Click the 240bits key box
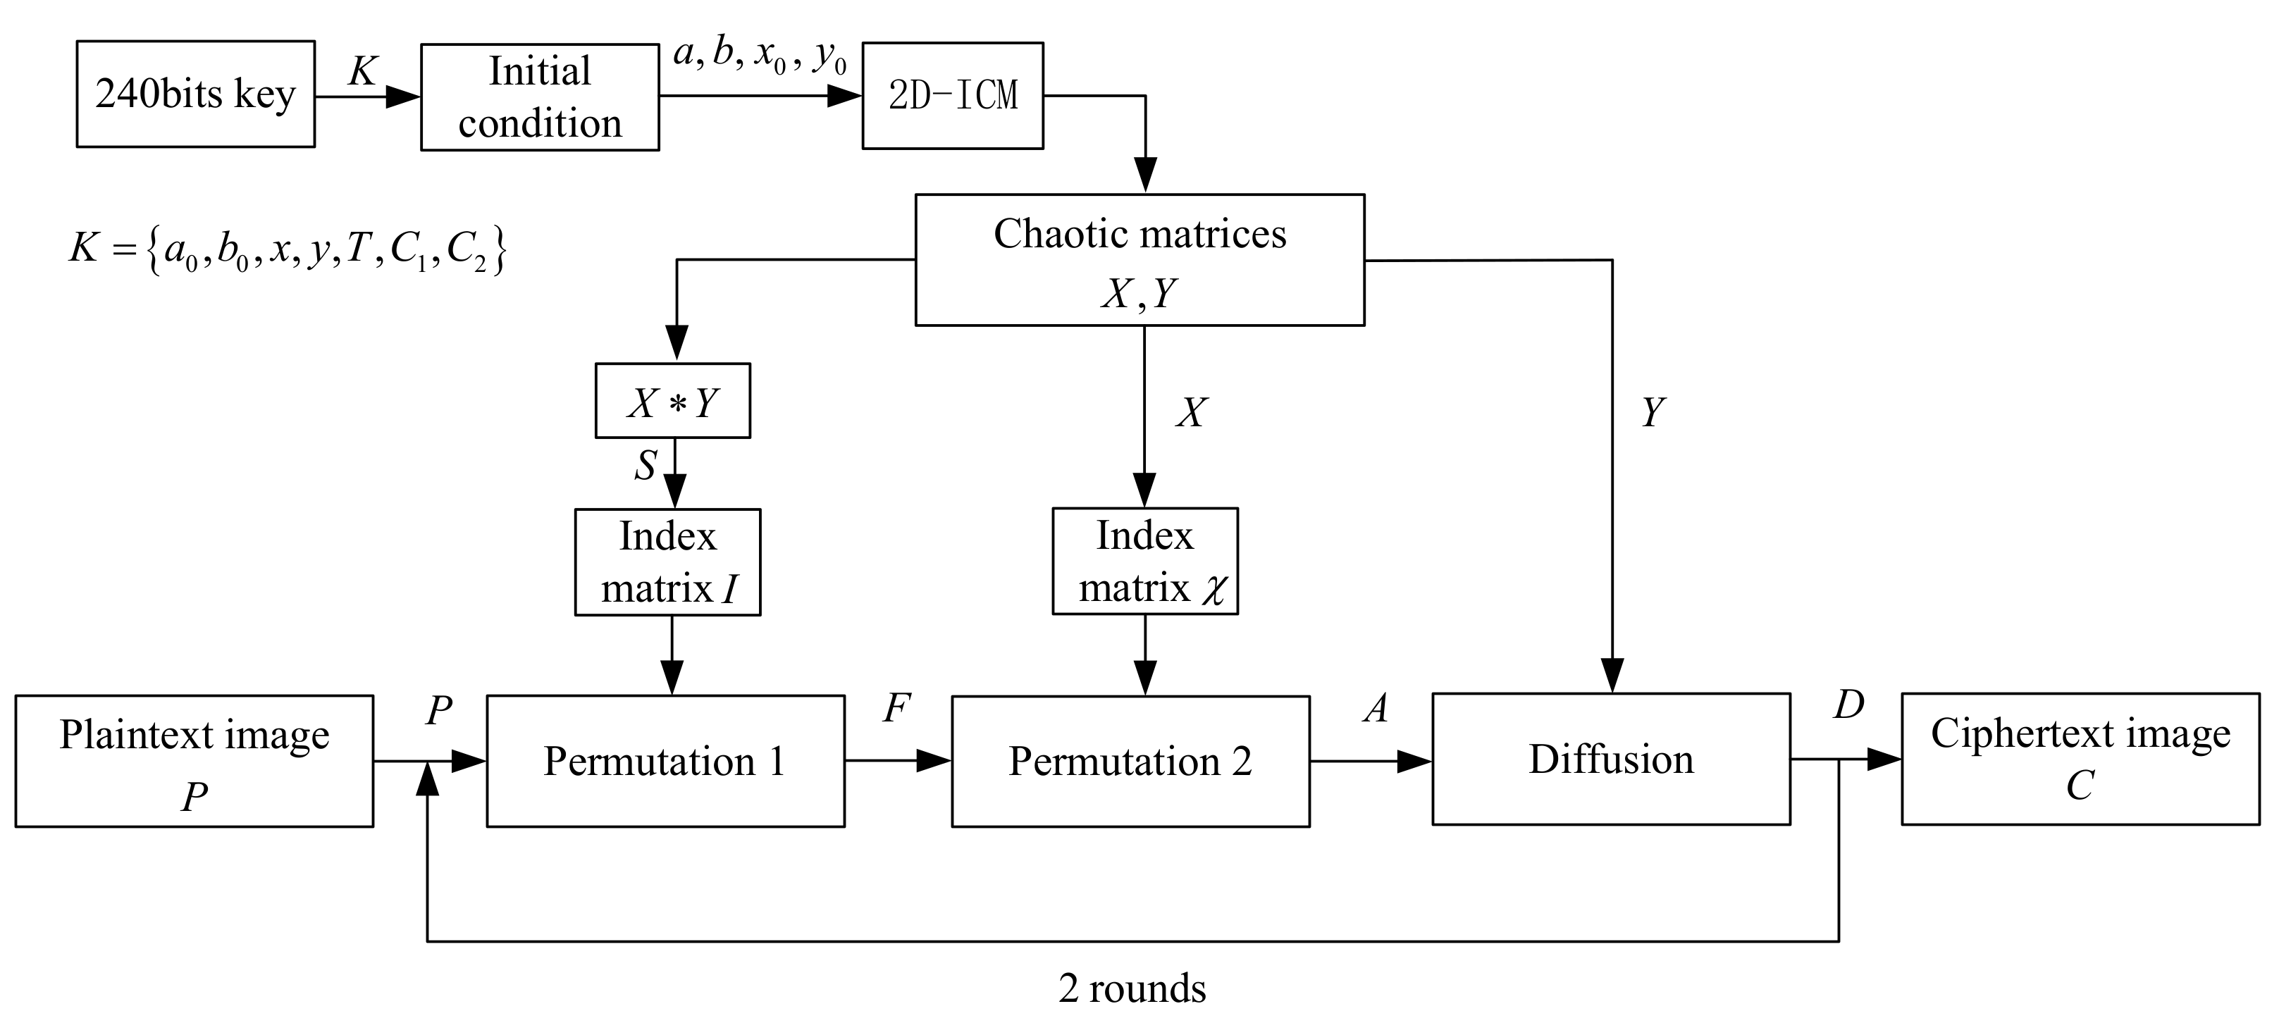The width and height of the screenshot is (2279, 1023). (x=195, y=94)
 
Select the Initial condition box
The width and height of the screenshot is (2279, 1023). (x=540, y=97)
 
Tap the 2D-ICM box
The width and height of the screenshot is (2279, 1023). (x=953, y=96)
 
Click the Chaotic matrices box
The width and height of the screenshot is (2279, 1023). (x=1139, y=260)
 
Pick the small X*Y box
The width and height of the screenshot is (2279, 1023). (x=672, y=402)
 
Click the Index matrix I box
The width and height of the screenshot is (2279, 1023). (x=668, y=562)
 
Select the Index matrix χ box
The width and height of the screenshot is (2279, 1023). (x=1145, y=561)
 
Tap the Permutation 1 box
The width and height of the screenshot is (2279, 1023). (x=665, y=760)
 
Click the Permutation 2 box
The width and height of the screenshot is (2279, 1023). (x=1130, y=760)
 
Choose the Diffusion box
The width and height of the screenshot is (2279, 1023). (x=1611, y=759)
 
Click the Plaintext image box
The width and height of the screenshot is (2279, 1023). (x=194, y=760)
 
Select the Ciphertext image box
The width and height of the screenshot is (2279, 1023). (x=2081, y=759)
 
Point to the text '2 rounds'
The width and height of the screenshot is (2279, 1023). (x=1132, y=988)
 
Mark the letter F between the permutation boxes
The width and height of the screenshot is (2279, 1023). (x=896, y=708)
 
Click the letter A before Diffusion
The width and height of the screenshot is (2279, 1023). (x=1375, y=708)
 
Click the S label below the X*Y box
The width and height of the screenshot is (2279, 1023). (x=646, y=465)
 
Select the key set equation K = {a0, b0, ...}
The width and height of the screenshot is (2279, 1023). (x=288, y=250)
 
